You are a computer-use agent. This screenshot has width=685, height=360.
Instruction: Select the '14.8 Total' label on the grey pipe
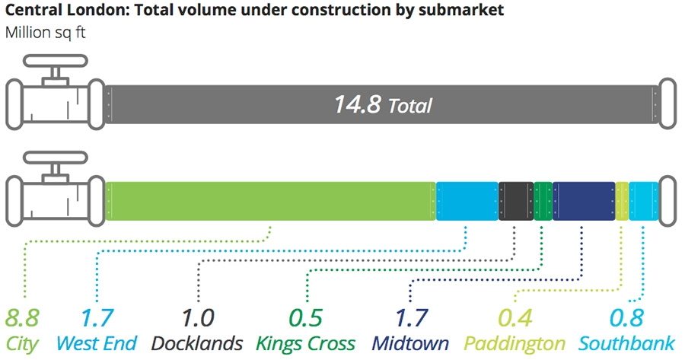tap(382, 104)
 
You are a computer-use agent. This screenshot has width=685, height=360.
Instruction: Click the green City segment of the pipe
tap(270, 201)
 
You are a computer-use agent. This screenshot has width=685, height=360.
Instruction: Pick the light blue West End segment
tap(467, 201)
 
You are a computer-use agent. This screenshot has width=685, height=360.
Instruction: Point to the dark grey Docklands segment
tap(516, 201)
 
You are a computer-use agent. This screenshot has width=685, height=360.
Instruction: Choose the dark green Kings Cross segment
tap(543, 201)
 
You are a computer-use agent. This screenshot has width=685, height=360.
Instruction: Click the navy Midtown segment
tap(584, 201)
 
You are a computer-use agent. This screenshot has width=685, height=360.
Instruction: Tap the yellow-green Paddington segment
tap(622, 201)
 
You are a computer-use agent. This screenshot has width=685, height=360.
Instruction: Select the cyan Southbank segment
tap(643, 201)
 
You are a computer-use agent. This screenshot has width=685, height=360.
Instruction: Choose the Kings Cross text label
tap(305, 342)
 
